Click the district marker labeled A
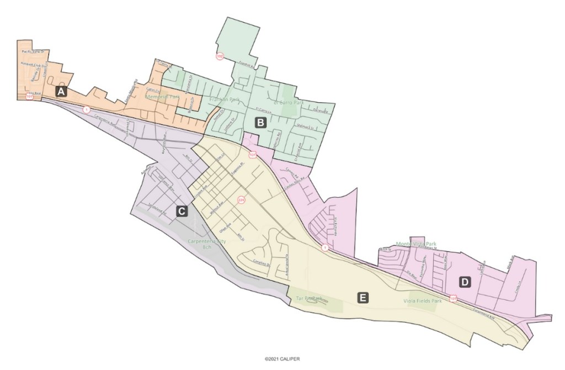pyautogui.click(x=61, y=92)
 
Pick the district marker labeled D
pyautogui.click(x=465, y=282)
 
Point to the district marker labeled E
pyautogui.click(x=363, y=298)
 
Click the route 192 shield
pyautogui.click(x=220, y=56)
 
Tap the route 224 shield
pyautogui.click(x=241, y=200)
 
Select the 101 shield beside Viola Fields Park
pyautogui.click(x=453, y=299)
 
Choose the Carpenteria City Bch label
pyautogui.click(x=207, y=244)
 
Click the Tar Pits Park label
pyautogui.click(x=309, y=298)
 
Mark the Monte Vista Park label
pyautogui.click(x=415, y=244)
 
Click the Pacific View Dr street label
pyautogui.click(x=36, y=51)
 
